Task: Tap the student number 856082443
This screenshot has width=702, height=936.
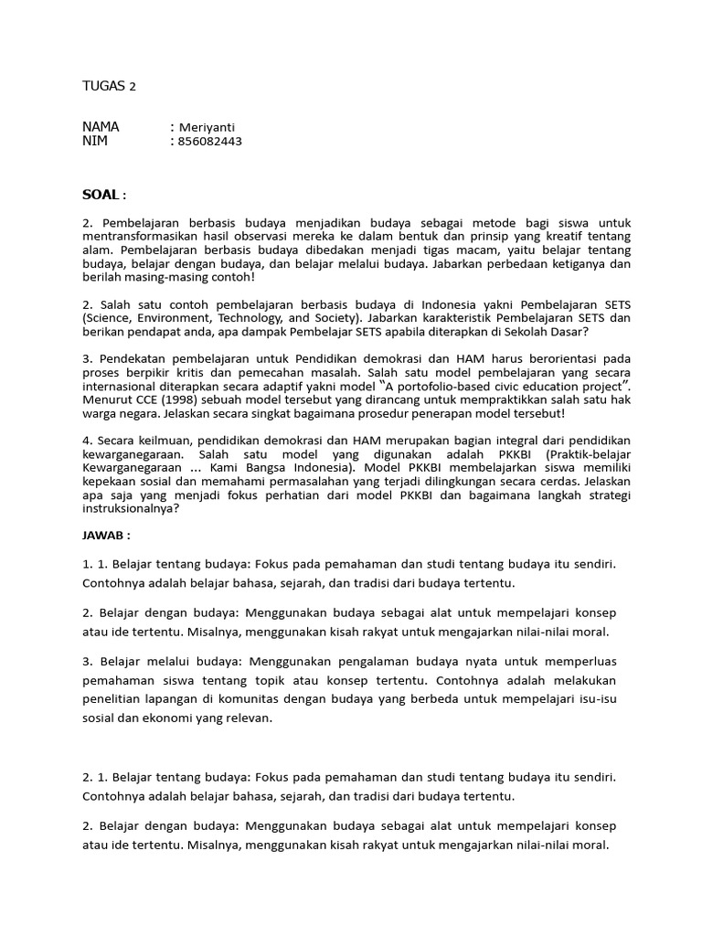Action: click(211, 141)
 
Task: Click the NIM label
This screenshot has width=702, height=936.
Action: click(95, 141)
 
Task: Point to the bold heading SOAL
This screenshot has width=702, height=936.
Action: click(101, 195)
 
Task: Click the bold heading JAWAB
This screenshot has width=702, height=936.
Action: click(105, 536)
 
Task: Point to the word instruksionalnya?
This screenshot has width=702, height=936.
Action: click(132, 510)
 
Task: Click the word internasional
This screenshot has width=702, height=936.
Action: click(121, 386)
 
